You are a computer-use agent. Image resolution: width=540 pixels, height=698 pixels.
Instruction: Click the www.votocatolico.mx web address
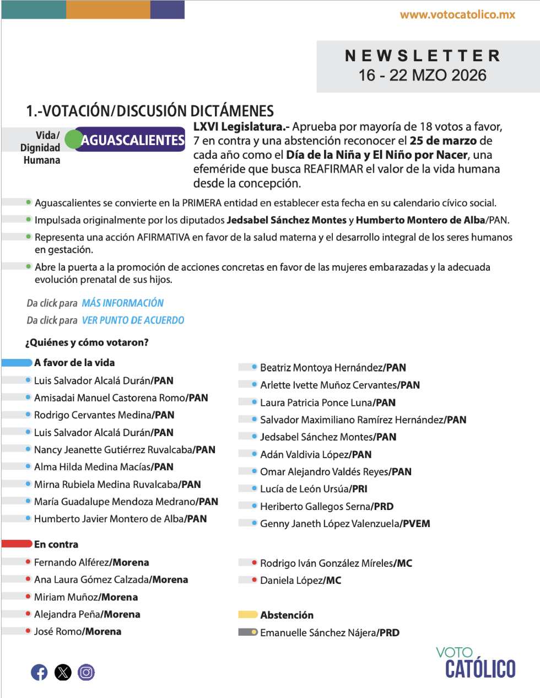pos(457,15)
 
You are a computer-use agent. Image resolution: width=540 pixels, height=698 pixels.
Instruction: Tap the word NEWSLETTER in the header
pos(423,56)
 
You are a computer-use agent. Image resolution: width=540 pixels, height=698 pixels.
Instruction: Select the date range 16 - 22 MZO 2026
pos(423,75)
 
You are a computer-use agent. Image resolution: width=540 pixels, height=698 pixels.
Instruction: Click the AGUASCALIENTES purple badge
pos(132,140)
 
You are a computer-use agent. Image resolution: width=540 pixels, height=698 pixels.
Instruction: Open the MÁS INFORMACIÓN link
pos(123,303)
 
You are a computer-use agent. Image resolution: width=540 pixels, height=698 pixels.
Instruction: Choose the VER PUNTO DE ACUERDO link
pos(133,320)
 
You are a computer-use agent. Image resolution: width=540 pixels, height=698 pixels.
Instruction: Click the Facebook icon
pos(39,672)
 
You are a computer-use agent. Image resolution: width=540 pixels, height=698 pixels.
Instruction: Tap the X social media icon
pos(63,672)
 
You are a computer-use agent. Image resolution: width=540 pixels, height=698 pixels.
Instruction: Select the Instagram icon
pos(86,672)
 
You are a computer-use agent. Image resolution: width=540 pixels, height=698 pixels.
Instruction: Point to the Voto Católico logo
pos(477,663)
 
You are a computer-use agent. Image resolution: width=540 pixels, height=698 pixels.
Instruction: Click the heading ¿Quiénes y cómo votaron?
pos(87,342)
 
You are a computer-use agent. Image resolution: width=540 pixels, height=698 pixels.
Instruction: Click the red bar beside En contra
pos(17,544)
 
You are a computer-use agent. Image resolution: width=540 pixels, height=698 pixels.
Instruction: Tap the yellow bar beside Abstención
pos(247,615)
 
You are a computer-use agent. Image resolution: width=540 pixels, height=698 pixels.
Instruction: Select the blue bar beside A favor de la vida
pos(17,363)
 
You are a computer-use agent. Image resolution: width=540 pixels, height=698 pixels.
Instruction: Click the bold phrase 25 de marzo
pos(443,141)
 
